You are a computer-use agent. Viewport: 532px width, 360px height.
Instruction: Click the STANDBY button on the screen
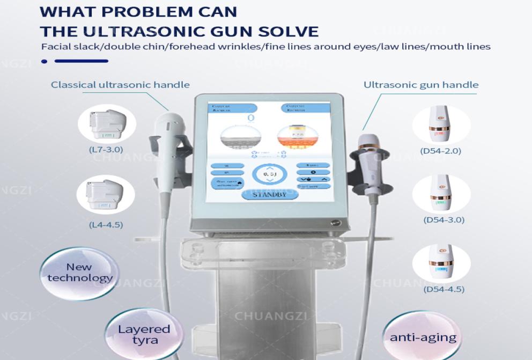pyautogui.click(x=269, y=195)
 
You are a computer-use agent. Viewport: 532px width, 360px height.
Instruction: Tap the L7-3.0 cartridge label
pyautogui.click(x=106, y=150)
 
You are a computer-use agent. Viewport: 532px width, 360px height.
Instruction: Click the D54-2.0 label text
pyautogui.click(x=441, y=150)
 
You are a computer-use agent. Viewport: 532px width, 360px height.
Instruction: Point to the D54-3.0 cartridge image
pyautogui.click(x=441, y=194)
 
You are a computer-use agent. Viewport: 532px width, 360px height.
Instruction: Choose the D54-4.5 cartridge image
pyautogui.click(x=441, y=263)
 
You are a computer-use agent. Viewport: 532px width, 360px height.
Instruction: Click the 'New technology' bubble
pyautogui.click(x=79, y=272)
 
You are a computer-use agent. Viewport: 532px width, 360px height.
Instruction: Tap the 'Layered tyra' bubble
pyautogui.click(x=144, y=334)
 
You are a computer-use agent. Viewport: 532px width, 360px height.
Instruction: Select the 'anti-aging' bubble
pyautogui.click(x=423, y=337)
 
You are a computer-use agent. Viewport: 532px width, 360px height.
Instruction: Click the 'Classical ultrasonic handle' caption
pyautogui.click(x=120, y=85)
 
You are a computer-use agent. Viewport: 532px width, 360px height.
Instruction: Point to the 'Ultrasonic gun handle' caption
pyautogui.click(x=421, y=85)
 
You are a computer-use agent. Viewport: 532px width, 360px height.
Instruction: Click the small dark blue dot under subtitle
pyautogui.click(x=44, y=61)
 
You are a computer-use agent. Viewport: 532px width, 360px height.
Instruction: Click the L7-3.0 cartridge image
pyautogui.click(x=106, y=124)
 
